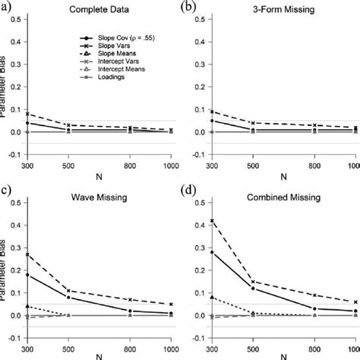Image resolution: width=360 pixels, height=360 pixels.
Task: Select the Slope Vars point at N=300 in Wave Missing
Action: click(28, 254)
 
